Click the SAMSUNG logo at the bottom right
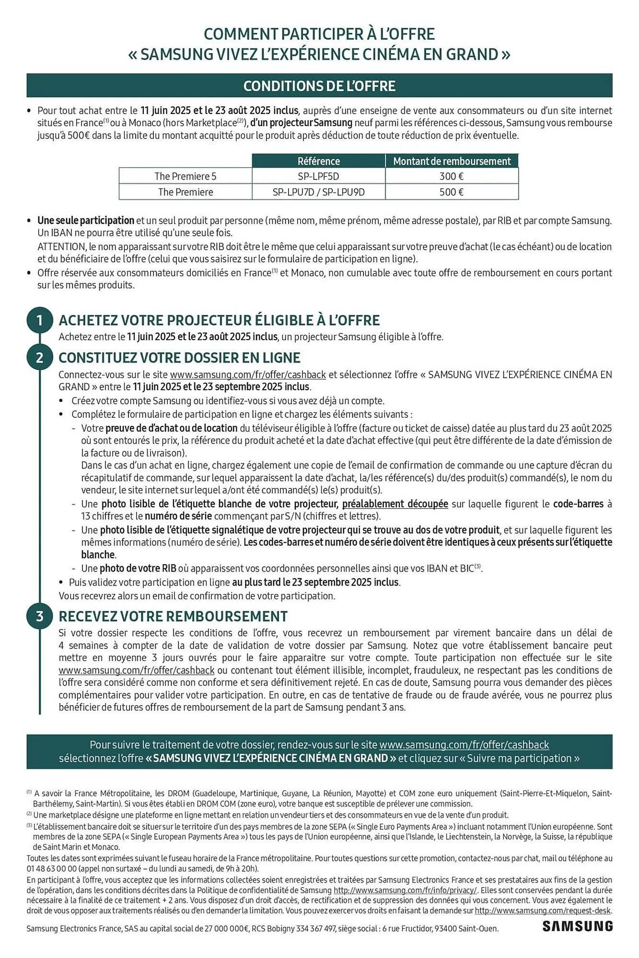click(577, 926)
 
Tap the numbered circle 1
click(40, 320)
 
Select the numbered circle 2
click(40, 357)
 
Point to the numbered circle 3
click(40, 616)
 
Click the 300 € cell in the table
click(451, 176)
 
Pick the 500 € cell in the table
click(451, 192)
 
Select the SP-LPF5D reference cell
click(318, 176)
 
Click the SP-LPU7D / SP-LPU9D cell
click(318, 192)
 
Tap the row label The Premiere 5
click(185, 176)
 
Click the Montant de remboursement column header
click(452, 161)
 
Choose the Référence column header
click(318, 161)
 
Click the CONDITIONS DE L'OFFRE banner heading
click(319, 86)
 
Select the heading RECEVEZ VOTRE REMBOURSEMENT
click(173, 616)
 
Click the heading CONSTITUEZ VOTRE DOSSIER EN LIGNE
click(179, 357)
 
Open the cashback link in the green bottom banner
click(464, 745)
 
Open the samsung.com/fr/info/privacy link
click(405, 890)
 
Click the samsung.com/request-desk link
click(543, 911)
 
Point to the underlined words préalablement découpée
click(395, 504)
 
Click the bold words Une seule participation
click(86, 221)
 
